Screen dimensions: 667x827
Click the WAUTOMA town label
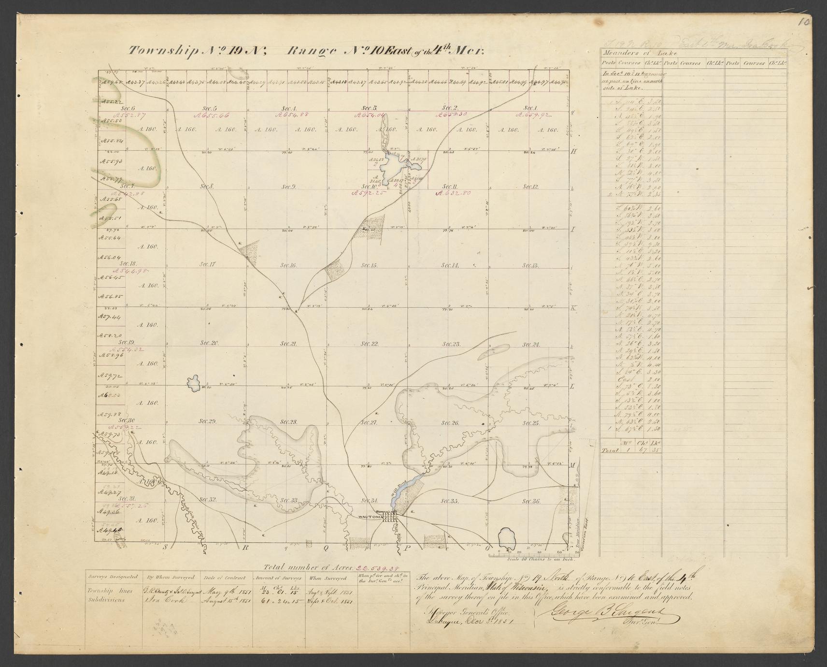tap(371, 517)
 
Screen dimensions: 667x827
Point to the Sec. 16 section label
tap(289, 265)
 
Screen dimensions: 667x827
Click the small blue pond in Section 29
tap(194, 383)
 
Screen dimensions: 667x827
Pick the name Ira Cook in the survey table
tap(165, 601)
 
